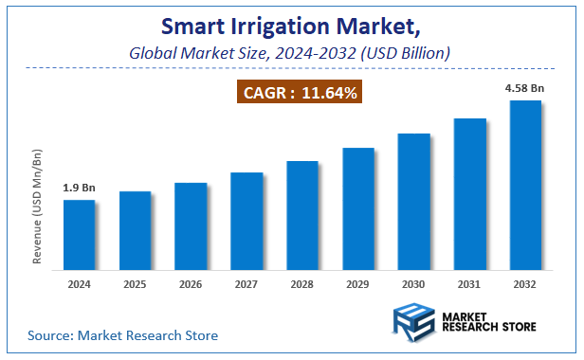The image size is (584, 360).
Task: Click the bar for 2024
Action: [79, 234]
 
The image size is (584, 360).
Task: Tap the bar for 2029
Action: [358, 207]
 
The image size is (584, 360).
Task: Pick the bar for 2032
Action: [525, 184]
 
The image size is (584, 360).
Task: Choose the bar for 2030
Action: [414, 201]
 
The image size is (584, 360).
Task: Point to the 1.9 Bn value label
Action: [79, 188]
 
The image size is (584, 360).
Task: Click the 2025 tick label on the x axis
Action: [135, 284]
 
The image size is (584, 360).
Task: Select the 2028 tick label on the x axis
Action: [302, 284]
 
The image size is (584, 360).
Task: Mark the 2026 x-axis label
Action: [191, 284]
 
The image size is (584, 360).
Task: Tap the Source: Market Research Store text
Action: [122, 335]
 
